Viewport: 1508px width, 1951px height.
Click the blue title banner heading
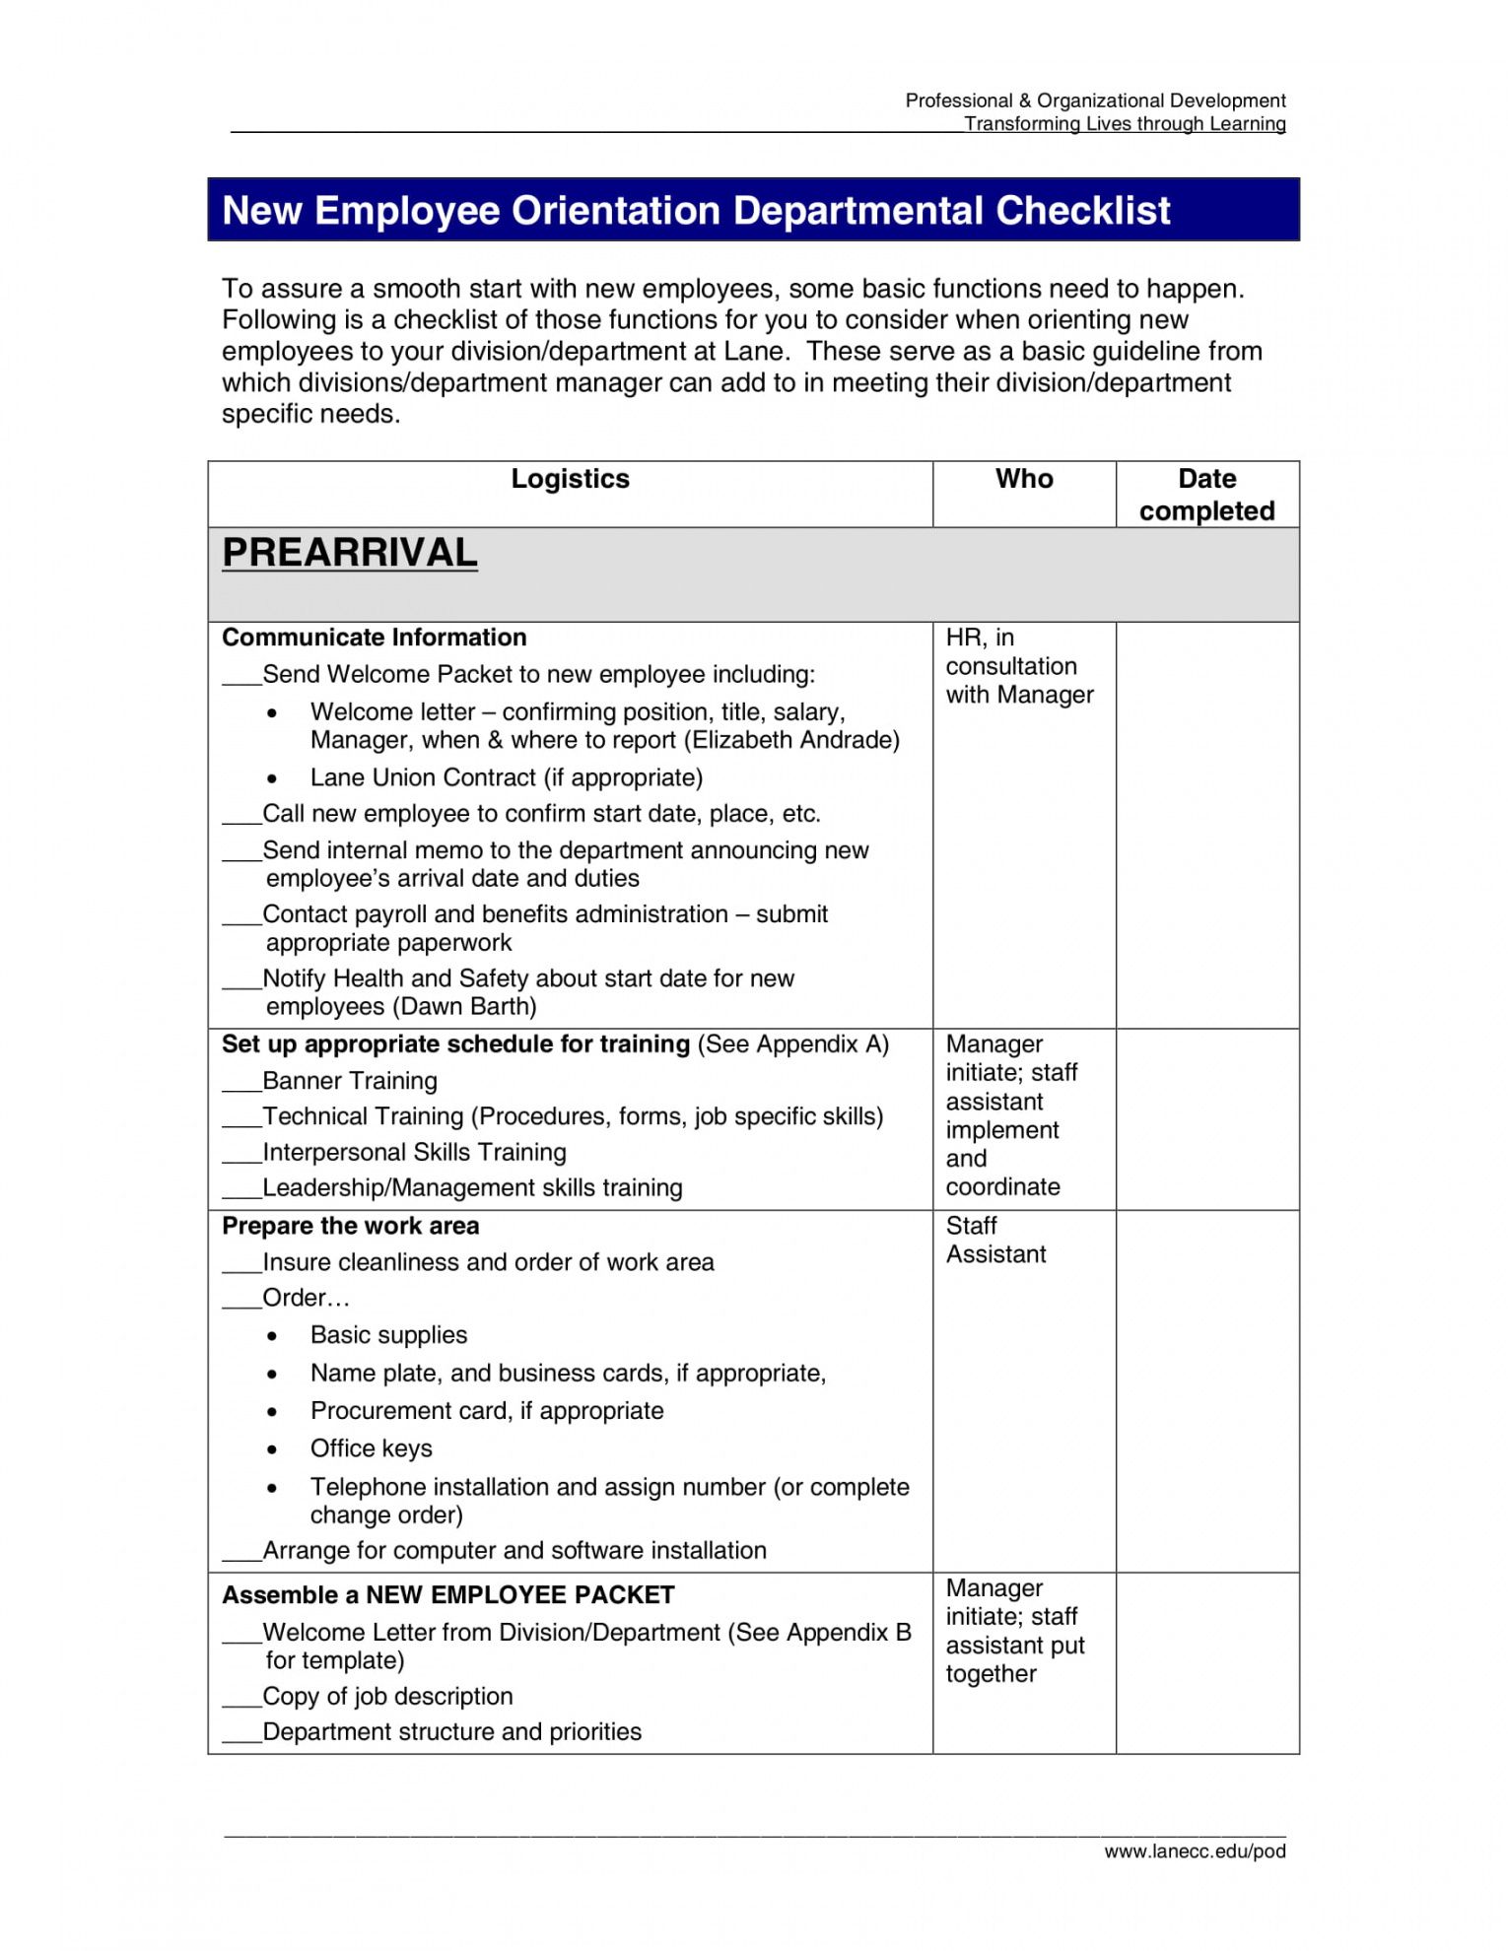click(x=696, y=211)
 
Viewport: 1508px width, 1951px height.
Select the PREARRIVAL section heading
click(x=350, y=553)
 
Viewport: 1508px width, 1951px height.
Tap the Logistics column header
click(x=570, y=479)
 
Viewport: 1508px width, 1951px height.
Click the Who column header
click(x=1024, y=479)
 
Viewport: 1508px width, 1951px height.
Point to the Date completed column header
click(x=1206, y=495)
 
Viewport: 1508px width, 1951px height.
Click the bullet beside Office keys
click(x=272, y=1449)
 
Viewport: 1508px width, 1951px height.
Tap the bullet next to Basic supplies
click(x=272, y=1336)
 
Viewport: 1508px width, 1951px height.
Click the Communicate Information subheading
click(x=375, y=638)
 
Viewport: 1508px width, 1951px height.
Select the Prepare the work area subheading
click(x=351, y=1226)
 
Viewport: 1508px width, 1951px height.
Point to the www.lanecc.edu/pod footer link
click(x=1195, y=1851)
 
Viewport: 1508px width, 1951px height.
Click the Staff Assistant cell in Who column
click(x=995, y=1240)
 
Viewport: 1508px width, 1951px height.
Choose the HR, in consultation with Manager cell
click(x=1019, y=666)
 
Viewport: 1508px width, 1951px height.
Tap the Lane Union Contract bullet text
click(x=507, y=777)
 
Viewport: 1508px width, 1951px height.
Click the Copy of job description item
click(x=387, y=1696)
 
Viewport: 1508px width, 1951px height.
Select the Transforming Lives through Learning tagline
click(x=1125, y=123)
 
